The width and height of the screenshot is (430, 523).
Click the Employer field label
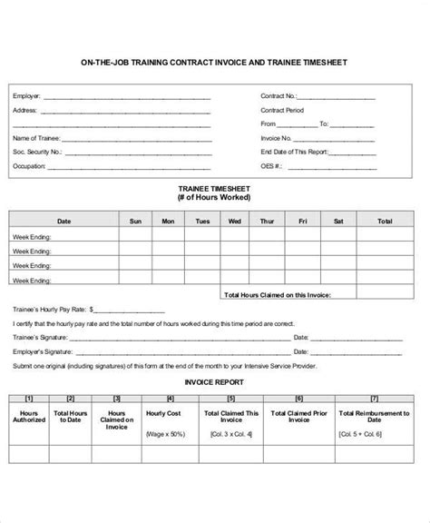coord(25,94)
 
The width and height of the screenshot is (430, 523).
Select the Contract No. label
coord(279,94)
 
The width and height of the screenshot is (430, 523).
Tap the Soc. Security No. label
coord(36,152)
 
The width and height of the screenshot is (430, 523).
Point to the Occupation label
coord(29,166)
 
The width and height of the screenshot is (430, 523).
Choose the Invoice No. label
coord(276,138)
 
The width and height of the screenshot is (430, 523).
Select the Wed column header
coord(234,221)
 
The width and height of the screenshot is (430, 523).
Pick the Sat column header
coord(337,221)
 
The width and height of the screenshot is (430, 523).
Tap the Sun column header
coord(134,221)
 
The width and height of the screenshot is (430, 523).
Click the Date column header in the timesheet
coord(64,221)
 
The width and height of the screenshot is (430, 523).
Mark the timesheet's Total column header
coord(385,221)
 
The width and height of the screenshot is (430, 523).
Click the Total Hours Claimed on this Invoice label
coord(276,294)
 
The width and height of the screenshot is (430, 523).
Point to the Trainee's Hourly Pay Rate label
coord(47,309)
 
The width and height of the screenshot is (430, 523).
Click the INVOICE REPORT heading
coord(214,382)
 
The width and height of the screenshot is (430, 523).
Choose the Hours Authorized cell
coord(29,417)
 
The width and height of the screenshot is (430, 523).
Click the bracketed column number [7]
coord(375,398)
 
